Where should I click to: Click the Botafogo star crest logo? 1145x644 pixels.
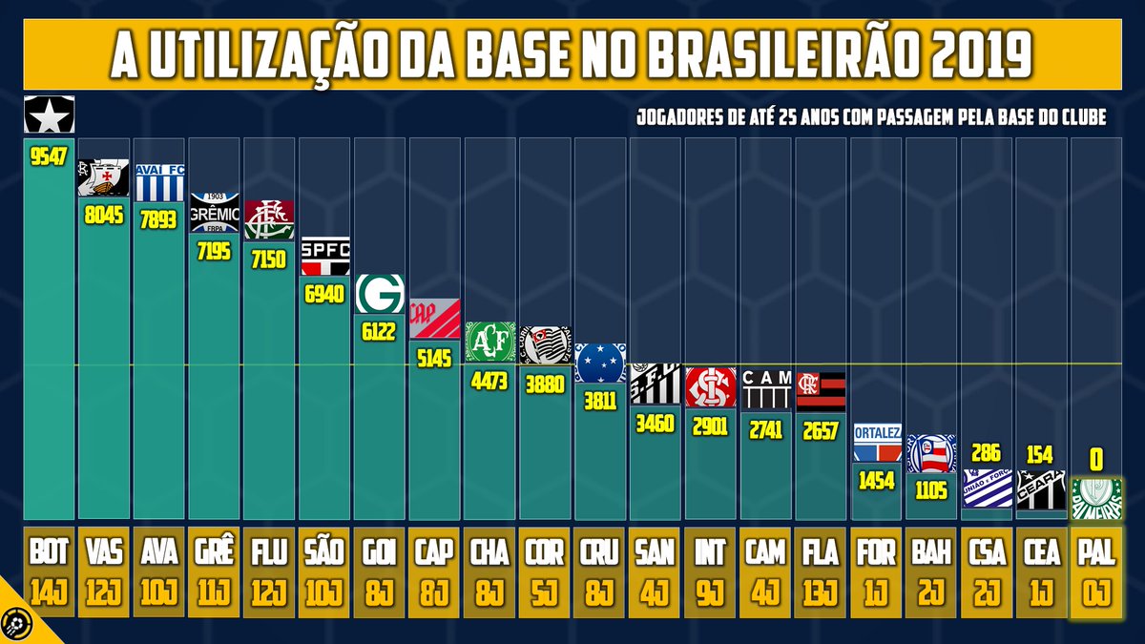(49, 114)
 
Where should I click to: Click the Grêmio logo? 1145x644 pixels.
(214, 213)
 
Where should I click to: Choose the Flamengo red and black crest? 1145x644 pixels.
(821, 391)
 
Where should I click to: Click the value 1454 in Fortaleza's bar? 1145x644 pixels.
(876, 481)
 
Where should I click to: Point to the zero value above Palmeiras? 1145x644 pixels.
(1096, 461)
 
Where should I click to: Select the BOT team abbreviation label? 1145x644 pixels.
(49, 551)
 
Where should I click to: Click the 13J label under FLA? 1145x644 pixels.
(821, 592)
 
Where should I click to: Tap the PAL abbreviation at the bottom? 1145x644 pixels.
(1096, 551)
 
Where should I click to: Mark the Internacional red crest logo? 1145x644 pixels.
(711, 387)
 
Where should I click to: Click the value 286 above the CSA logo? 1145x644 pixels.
(986, 451)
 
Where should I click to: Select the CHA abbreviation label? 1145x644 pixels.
(490, 551)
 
